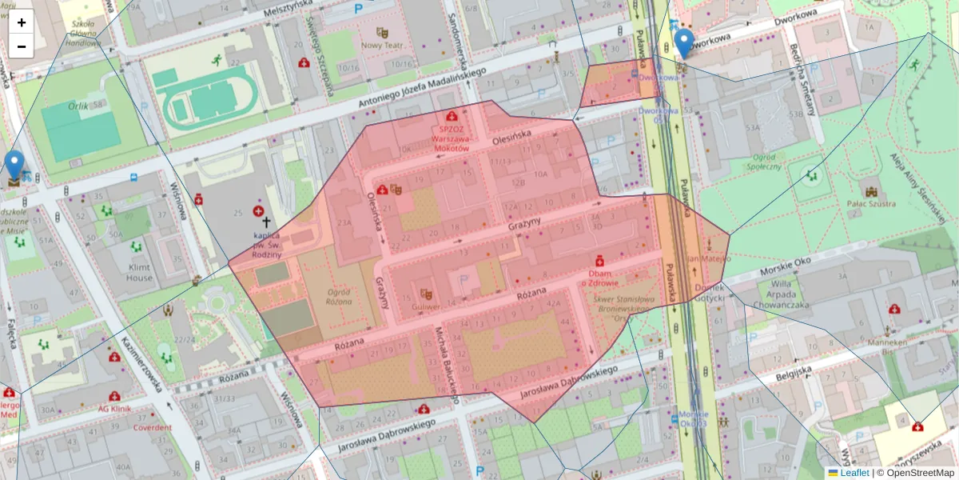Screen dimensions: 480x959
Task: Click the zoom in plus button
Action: [x=22, y=22]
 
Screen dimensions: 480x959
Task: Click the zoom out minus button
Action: [x=22, y=46]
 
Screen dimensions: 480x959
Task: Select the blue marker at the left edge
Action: [x=14, y=165]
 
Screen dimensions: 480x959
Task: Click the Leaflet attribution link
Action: [x=854, y=473]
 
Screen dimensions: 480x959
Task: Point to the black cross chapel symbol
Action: [x=265, y=223]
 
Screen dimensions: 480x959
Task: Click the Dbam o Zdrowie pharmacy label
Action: [x=600, y=278]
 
